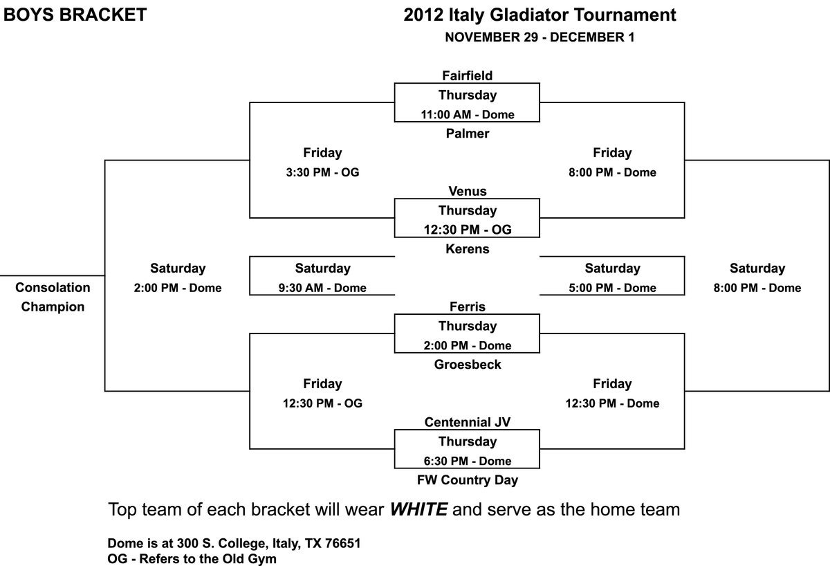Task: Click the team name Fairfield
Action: point(467,75)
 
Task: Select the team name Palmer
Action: point(467,134)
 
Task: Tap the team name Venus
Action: point(467,191)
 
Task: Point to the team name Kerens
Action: point(467,249)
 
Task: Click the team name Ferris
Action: point(467,307)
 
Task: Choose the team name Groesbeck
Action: point(467,365)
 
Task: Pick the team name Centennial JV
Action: point(467,422)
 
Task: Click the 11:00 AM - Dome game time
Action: point(467,115)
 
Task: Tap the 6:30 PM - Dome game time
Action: point(467,462)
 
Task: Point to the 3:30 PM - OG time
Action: point(322,172)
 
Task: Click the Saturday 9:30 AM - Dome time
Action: point(322,288)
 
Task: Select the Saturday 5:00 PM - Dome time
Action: point(612,288)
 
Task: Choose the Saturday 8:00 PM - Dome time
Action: point(757,288)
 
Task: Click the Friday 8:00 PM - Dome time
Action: point(612,172)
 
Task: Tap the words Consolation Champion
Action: point(53,297)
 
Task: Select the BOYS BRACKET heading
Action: point(75,15)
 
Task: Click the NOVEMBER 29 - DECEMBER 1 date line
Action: point(539,38)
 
